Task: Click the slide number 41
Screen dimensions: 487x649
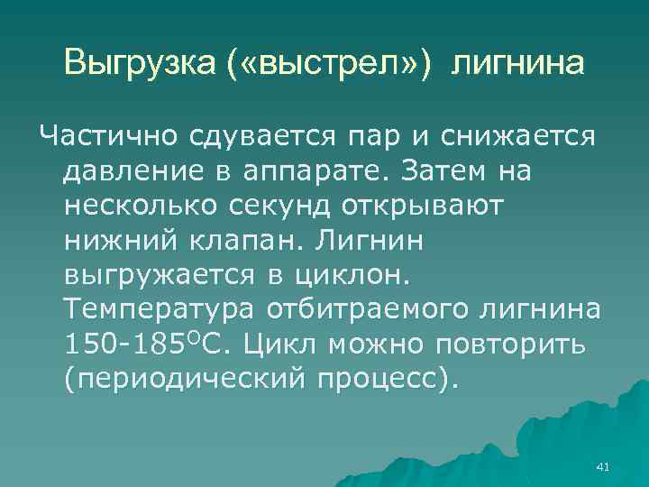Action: coord(604,465)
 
